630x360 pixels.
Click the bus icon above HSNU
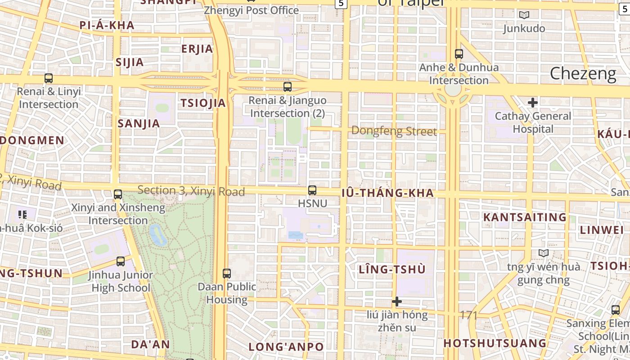pyautogui.click(x=312, y=190)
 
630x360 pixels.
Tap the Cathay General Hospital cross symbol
pyautogui.click(x=533, y=103)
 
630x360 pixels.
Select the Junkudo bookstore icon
pyautogui.click(x=524, y=15)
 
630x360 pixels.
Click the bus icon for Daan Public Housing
pyautogui.click(x=227, y=273)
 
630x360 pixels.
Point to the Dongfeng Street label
pyautogui.click(x=394, y=131)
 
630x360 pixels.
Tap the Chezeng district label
pyautogui.click(x=583, y=73)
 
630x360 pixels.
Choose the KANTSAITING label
pyautogui.click(x=525, y=217)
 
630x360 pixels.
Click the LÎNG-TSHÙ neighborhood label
pyautogui.click(x=392, y=270)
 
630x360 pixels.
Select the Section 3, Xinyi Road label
pyautogui.click(x=191, y=191)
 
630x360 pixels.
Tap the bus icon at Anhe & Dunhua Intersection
pyautogui.click(x=459, y=54)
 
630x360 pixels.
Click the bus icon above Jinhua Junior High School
pyautogui.click(x=121, y=261)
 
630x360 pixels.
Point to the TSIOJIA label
pyautogui.click(x=203, y=103)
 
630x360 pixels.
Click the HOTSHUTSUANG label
pyautogui.click(x=495, y=343)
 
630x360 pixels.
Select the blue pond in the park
pyautogui.click(x=157, y=234)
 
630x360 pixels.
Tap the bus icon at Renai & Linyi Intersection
pyautogui.click(x=49, y=78)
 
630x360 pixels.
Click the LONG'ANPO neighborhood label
pyautogui.click(x=286, y=347)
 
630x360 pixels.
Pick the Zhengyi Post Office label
pyautogui.click(x=251, y=10)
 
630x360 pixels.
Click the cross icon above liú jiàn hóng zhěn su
pyautogui.click(x=396, y=301)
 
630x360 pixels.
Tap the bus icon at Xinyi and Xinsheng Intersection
pyautogui.click(x=118, y=194)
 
